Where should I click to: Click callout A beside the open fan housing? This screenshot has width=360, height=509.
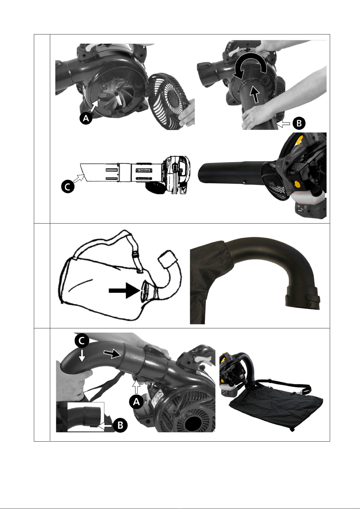(x=86, y=118)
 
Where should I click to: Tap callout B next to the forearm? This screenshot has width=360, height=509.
(x=299, y=123)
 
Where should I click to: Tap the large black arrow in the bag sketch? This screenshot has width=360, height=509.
(x=124, y=290)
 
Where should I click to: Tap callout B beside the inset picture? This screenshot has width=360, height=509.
(x=120, y=425)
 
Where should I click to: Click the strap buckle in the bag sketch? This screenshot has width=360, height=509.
(x=135, y=254)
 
